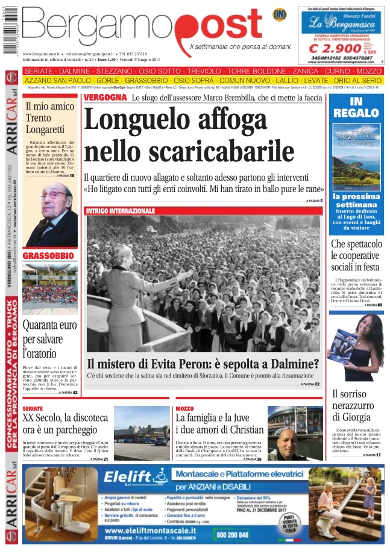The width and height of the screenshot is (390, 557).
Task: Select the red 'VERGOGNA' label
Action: click(105, 98)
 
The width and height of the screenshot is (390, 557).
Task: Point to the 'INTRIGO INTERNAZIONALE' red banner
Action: click(121, 211)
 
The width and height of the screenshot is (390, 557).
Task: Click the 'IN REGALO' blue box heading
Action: click(356, 107)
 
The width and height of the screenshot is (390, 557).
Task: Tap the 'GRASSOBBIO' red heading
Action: click(48, 256)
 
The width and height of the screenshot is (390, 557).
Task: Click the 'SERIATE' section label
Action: click(33, 409)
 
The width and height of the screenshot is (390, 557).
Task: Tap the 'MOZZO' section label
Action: click(184, 409)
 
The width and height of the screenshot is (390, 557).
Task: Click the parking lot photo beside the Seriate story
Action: click(142, 434)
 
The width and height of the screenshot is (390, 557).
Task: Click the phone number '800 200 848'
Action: click(231, 535)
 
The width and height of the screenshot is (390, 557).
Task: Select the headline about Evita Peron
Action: click(203, 364)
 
